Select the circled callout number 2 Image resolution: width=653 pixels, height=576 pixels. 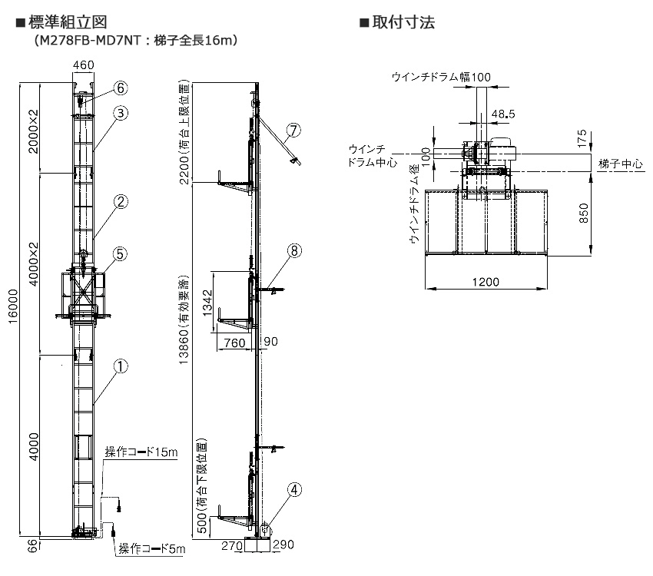click(x=121, y=202)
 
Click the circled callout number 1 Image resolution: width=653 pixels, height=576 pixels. click(x=121, y=367)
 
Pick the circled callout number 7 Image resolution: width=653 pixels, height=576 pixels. click(x=293, y=129)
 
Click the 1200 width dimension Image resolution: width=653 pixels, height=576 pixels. click(x=485, y=282)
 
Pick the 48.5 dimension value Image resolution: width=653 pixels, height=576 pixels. click(x=503, y=114)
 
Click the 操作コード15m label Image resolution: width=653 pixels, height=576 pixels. click(x=141, y=452)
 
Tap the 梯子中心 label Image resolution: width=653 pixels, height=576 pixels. click(x=620, y=164)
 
